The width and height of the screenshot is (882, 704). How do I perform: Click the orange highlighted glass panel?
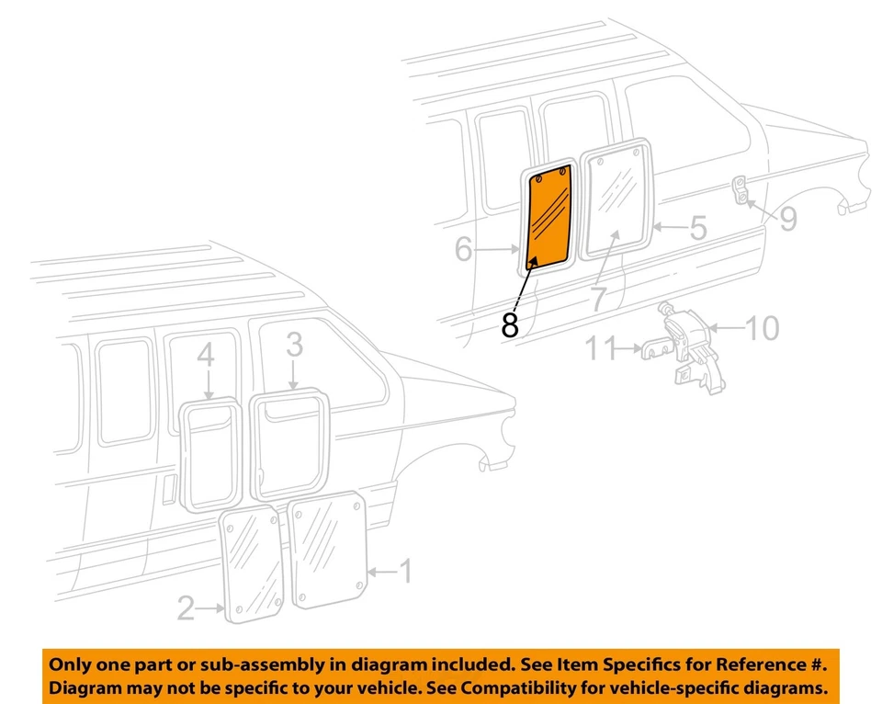coord(550,219)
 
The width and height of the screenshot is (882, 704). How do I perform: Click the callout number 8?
coord(511,324)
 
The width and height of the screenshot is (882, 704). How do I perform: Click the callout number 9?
coord(788,218)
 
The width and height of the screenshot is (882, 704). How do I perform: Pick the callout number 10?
coord(762,327)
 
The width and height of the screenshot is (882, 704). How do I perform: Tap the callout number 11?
coord(602,348)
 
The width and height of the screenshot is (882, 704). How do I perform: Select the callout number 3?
coord(294,346)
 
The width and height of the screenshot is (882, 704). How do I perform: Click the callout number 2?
coord(187,607)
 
